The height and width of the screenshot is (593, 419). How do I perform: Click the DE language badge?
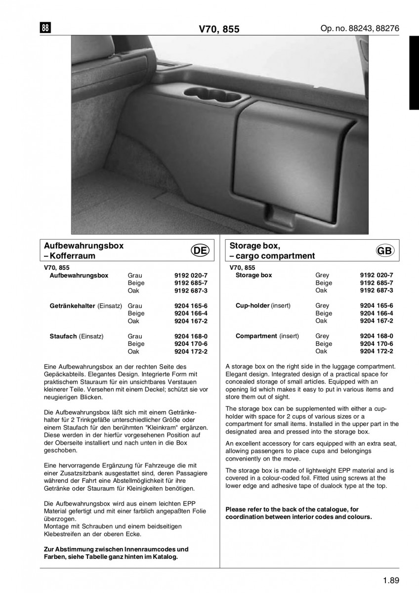tap(201, 251)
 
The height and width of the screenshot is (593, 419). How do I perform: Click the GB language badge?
tap(385, 251)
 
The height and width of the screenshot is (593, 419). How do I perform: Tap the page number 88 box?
tap(44, 28)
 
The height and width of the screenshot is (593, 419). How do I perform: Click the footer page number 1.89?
tap(390, 581)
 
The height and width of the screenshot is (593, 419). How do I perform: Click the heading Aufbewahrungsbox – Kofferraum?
tap(84, 251)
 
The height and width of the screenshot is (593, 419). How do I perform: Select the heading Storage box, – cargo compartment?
tap(272, 251)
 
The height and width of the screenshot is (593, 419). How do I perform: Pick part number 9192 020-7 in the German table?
tap(191, 275)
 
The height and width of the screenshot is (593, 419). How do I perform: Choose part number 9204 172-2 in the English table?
tap(377, 351)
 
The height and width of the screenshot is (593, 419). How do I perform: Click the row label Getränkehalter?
tap(73, 306)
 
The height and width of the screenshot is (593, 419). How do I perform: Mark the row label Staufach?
tap(63, 336)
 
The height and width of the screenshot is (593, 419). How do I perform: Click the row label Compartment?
tap(256, 336)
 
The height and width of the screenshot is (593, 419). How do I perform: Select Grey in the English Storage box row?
tap(322, 275)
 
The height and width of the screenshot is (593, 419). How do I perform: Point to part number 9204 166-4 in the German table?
tap(191, 313)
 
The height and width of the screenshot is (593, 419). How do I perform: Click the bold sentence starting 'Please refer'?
tap(298, 513)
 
